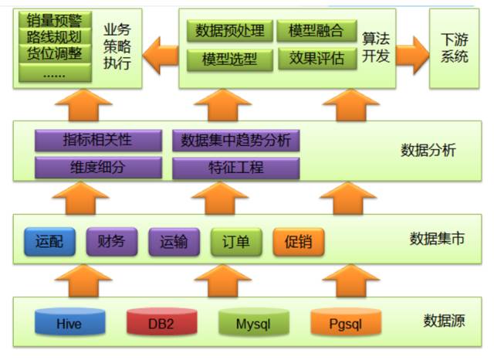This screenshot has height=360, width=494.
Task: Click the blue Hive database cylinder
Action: point(69,321)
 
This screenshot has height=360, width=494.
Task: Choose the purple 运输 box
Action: point(174,242)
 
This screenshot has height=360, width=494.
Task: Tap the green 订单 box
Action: point(236,242)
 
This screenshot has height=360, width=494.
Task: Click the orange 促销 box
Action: point(298,242)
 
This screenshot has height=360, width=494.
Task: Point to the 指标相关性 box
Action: point(98,141)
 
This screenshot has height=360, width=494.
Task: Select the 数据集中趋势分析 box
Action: point(235,141)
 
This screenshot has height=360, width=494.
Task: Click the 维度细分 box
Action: point(98,166)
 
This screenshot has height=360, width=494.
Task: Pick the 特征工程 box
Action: point(235,166)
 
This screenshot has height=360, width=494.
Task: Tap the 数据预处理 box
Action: point(229,31)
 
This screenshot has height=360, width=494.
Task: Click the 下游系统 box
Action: point(454,48)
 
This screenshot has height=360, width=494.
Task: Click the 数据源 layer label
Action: point(444,321)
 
